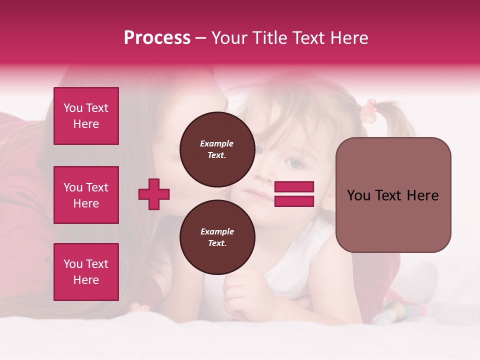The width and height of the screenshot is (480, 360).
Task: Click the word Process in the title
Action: coord(157,37)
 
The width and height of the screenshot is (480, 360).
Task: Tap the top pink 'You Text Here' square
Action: coord(86,116)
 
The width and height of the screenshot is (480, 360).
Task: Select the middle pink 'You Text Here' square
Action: coord(86,195)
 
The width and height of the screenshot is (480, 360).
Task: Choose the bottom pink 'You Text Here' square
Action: coord(86,272)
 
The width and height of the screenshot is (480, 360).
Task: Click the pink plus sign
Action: coord(154,194)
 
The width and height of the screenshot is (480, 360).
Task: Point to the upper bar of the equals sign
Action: coord(294,186)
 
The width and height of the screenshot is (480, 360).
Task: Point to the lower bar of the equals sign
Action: coord(294,201)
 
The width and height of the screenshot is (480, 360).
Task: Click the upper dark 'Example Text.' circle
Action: coord(217,149)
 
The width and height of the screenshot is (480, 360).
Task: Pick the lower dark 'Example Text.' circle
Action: coord(217,237)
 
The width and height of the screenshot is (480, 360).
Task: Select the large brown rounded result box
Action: coord(393,194)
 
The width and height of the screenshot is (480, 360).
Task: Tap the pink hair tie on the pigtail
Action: coord(369,110)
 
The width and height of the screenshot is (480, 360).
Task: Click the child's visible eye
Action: coord(295,163)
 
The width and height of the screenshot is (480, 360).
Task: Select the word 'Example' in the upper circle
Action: coord(217,143)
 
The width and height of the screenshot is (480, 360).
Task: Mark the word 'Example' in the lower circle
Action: coord(217,231)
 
